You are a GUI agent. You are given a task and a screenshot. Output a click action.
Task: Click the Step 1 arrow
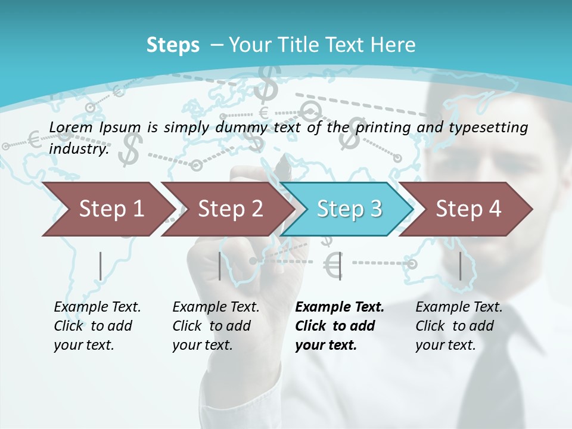[x=107, y=209]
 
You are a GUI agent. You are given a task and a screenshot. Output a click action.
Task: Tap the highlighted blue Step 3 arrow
[x=348, y=209]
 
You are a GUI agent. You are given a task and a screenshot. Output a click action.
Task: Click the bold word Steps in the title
[x=173, y=45]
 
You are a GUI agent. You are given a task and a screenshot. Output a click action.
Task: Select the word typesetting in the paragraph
[x=488, y=127]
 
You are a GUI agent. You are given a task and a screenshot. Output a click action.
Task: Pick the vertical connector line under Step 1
[x=100, y=266]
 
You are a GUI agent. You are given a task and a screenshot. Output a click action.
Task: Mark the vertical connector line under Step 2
[x=220, y=266]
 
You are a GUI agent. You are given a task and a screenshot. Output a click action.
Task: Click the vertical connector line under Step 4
[x=460, y=266]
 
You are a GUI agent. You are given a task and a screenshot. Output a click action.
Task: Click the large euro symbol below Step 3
[x=334, y=265]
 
